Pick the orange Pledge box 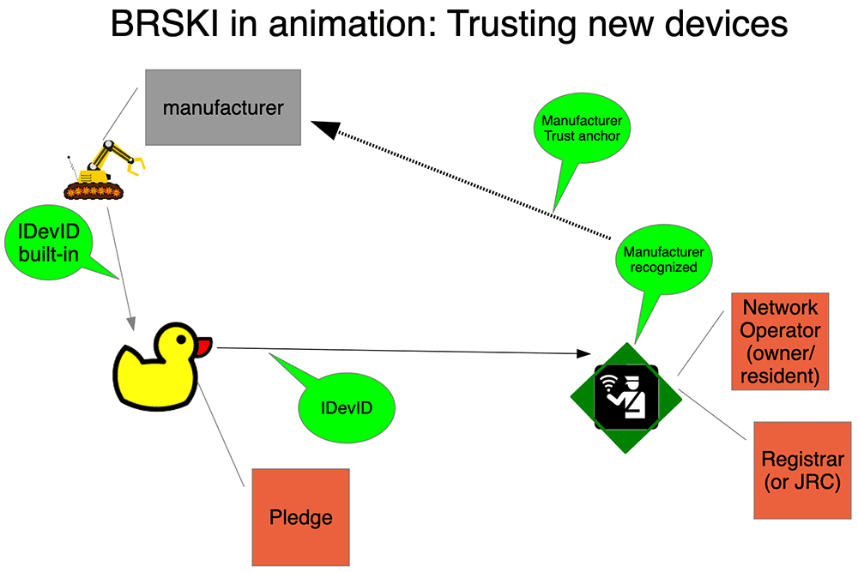[x=300, y=517]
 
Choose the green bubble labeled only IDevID [x=347, y=406]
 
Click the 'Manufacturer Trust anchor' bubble [x=583, y=129]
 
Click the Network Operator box [x=780, y=340]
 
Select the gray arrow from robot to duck [x=122, y=266]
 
